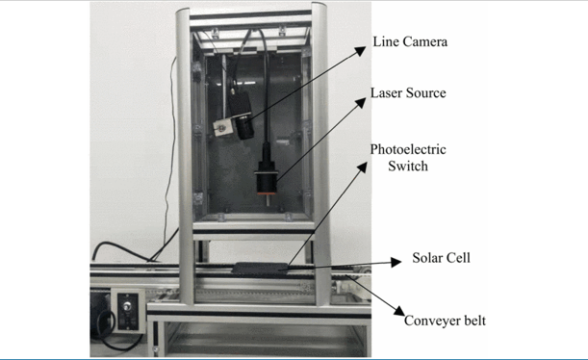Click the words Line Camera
410,42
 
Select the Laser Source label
408,93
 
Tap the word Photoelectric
409,150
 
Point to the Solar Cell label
441,258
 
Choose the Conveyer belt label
445,321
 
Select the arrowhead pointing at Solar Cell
396,261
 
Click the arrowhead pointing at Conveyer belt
397,310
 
